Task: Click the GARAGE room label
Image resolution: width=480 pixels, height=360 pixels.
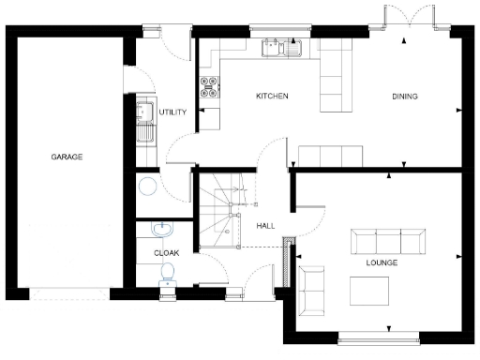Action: pos(67,157)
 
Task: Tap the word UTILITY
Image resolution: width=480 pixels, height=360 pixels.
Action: pos(173,112)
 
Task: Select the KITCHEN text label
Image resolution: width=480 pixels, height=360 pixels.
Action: pos(272,97)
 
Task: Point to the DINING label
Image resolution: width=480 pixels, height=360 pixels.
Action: pos(405,97)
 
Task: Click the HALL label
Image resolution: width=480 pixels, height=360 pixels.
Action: pos(264,226)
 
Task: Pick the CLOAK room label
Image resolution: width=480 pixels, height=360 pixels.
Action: pos(166,252)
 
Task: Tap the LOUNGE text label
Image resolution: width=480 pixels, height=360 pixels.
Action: pos(382,263)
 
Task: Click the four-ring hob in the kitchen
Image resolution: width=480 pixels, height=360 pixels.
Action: pos(209,86)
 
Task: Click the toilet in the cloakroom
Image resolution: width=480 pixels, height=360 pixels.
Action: pos(167,273)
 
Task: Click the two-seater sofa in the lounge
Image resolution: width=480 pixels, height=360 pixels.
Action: pos(310,290)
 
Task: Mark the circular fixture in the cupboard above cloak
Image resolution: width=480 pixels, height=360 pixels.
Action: pos(145,187)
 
